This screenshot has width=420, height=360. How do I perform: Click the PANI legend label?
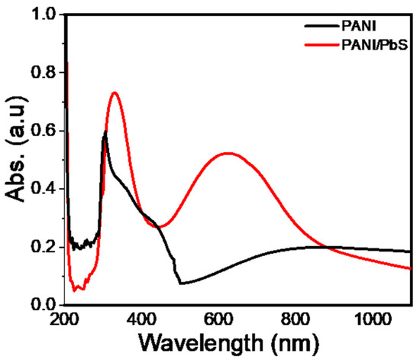point(367,24)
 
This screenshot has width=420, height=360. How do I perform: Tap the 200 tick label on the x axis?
point(64,319)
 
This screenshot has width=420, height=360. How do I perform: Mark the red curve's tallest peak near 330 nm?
point(115,92)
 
